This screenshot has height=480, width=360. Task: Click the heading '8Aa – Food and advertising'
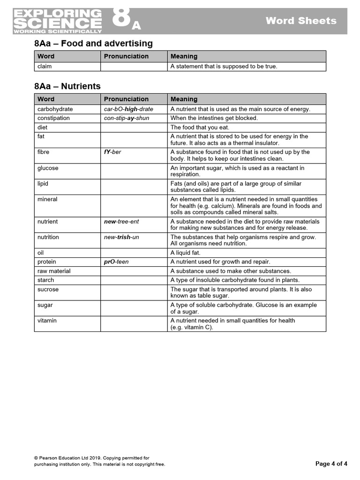(x=93, y=44)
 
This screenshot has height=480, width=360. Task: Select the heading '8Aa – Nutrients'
(x=67, y=86)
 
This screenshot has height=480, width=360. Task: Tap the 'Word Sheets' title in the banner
(x=301, y=21)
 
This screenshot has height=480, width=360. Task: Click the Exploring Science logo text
(x=57, y=21)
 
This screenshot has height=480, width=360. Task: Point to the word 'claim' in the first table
(x=45, y=67)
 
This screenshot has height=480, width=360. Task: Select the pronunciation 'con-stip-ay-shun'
(x=127, y=118)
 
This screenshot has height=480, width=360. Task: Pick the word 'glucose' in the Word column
(x=48, y=168)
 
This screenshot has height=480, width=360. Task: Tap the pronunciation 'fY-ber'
(x=112, y=152)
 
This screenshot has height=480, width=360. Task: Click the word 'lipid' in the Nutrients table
(x=43, y=184)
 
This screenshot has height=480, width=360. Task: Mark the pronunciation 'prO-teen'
(x=116, y=262)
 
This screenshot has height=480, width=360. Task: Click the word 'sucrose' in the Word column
(x=48, y=289)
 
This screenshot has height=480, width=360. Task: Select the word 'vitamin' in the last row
(x=47, y=321)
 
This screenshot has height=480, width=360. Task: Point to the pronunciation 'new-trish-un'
(x=121, y=237)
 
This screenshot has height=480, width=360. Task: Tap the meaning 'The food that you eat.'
(x=200, y=127)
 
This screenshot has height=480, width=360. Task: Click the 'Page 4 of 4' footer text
(x=331, y=464)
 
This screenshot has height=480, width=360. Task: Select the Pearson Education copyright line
(x=91, y=458)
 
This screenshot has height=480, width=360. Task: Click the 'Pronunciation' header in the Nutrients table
(x=126, y=99)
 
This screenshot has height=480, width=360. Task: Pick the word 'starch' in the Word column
(x=45, y=280)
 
